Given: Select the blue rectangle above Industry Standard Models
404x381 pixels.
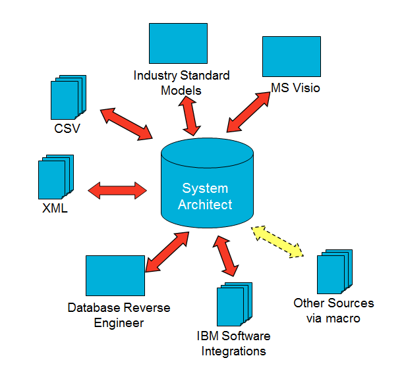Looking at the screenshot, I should coord(178,43).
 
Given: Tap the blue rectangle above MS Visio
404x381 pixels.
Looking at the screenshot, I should coord(291,57).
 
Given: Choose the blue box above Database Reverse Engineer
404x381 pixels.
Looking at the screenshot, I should coord(115,276).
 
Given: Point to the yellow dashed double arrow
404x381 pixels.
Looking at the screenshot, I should coord(277,241).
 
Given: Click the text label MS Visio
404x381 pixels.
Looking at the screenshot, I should coord(296,88).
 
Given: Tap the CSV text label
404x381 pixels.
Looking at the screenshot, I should coord(67,128).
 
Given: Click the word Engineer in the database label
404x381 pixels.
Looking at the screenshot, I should coord(119,322).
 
